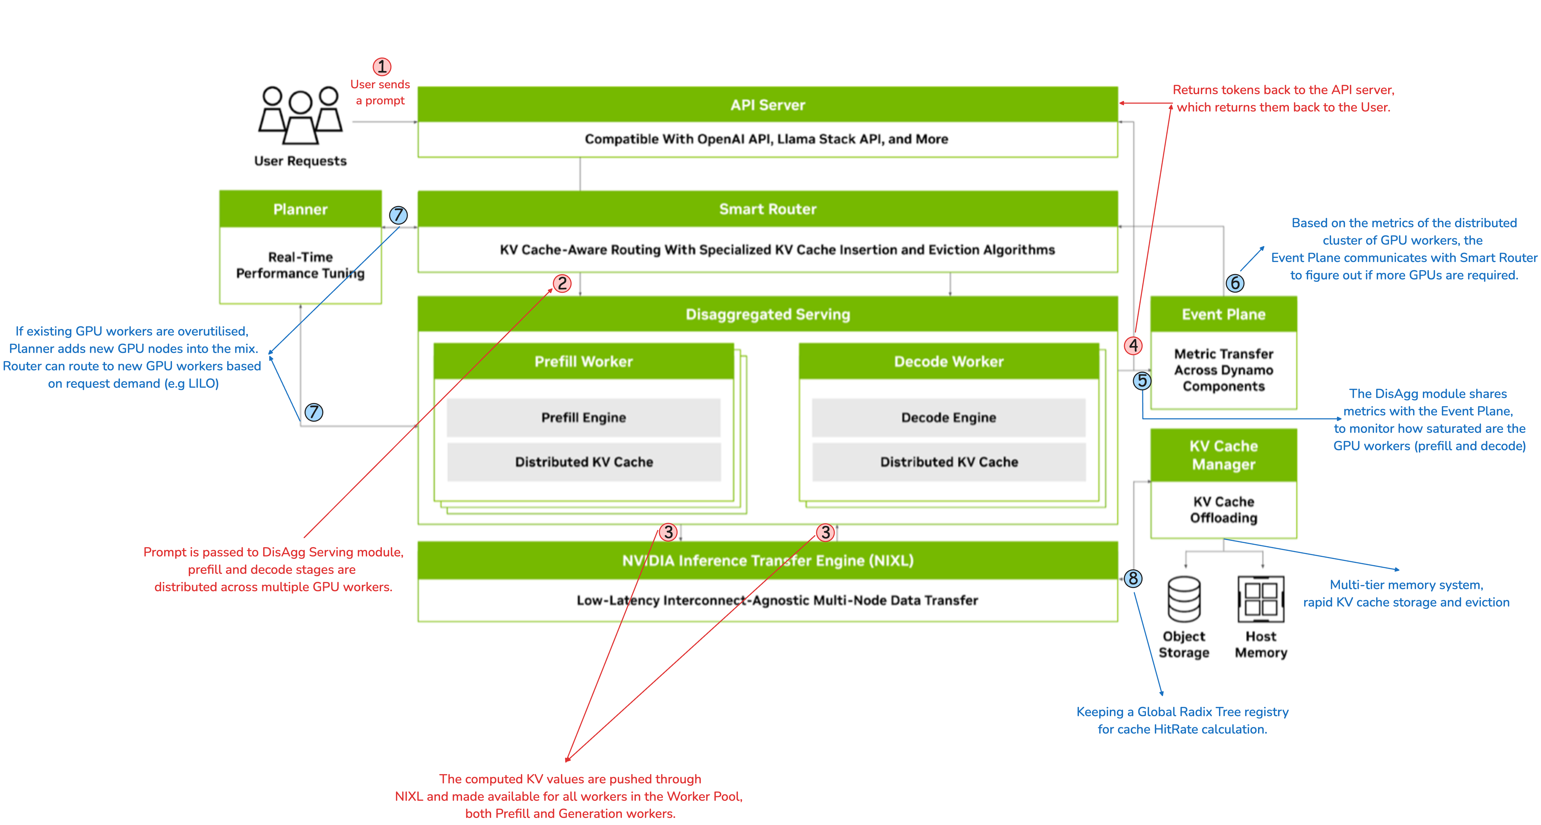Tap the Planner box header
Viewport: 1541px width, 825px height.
pyautogui.click(x=300, y=209)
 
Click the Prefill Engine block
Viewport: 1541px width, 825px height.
pyautogui.click(x=583, y=417)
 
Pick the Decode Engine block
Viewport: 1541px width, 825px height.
pyautogui.click(x=948, y=417)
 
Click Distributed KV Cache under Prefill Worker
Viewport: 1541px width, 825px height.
pyautogui.click(x=583, y=462)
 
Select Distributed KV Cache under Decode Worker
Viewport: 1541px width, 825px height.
pyautogui.click(x=948, y=462)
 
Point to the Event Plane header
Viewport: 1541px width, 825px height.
pyautogui.click(x=1223, y=314)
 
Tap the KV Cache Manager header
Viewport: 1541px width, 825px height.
pyautogui.click(x=1223, y=455)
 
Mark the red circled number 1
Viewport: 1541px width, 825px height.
pyautogui.click(x=382, y=66)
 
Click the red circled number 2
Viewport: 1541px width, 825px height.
pyautogui.click(x=562, y=283)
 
